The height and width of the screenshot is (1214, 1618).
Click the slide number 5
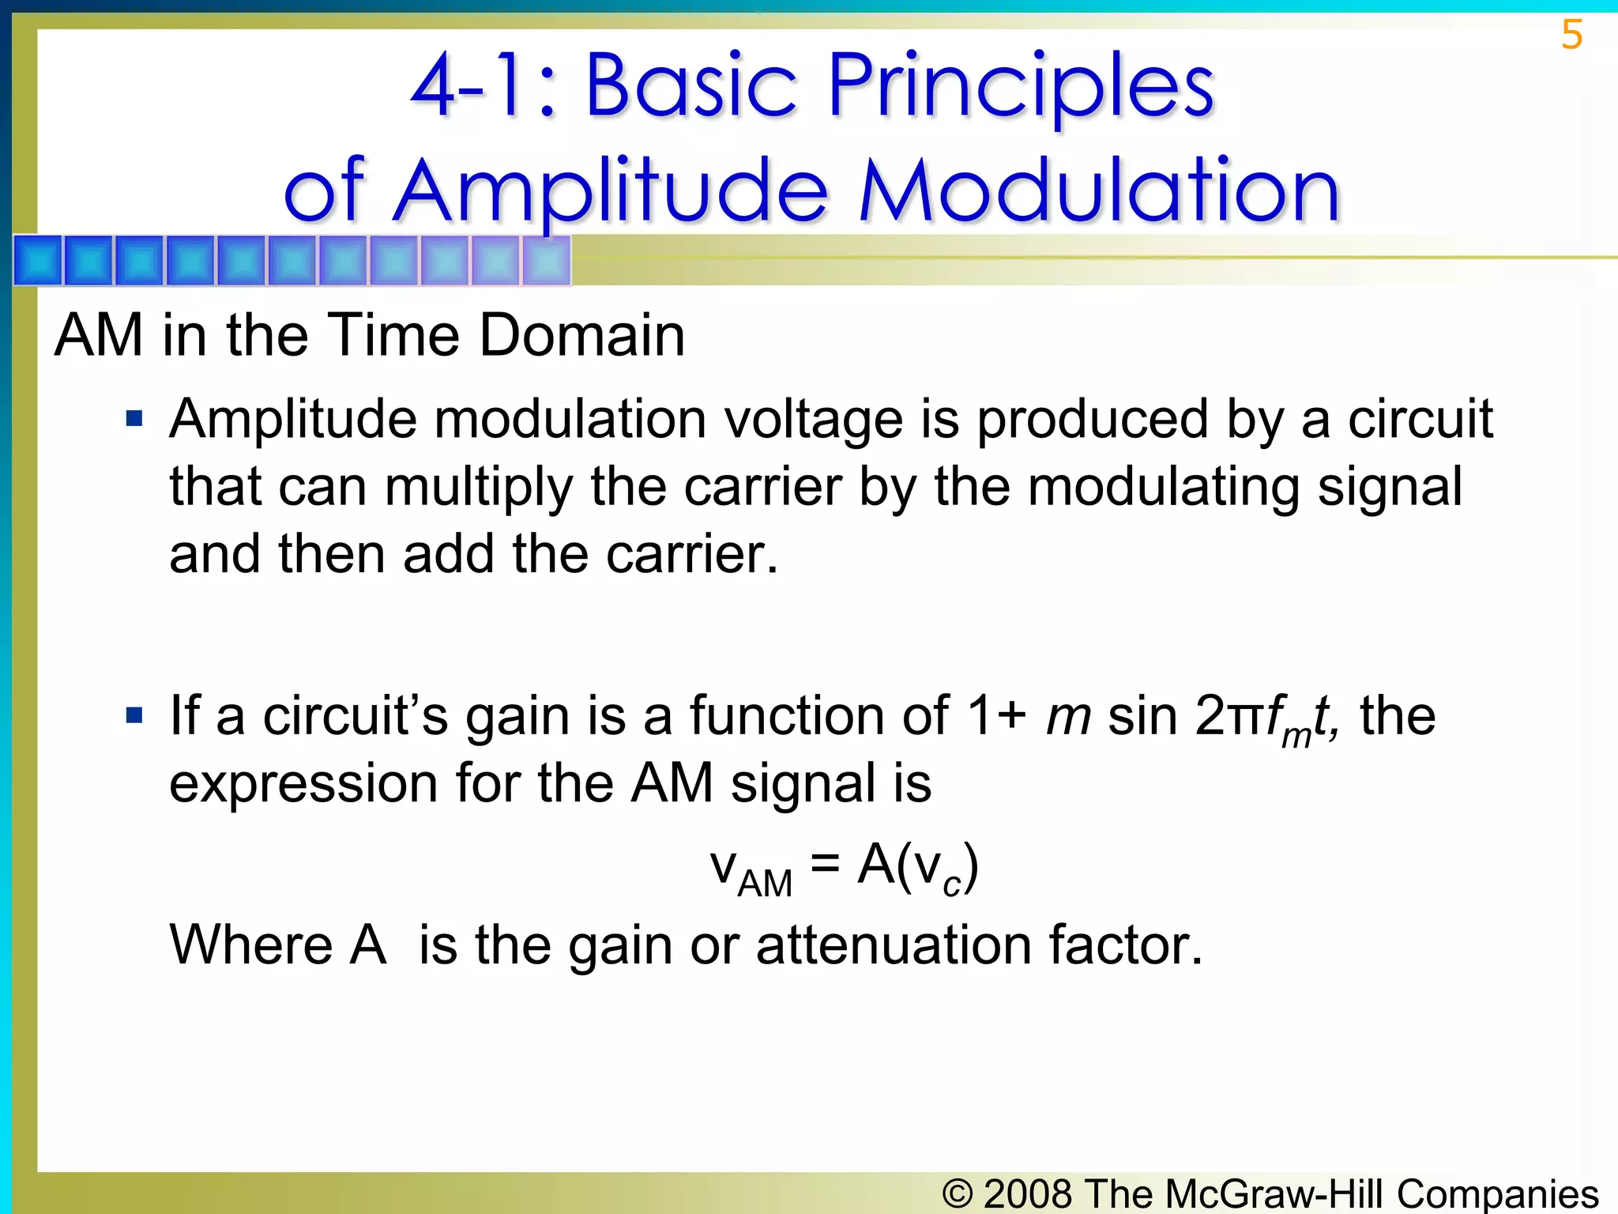click(1571, 36)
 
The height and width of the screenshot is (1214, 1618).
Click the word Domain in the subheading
click(582, 336)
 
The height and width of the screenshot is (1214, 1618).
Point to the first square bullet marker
click(134, 418)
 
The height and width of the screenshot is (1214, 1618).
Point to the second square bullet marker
click(134, 715)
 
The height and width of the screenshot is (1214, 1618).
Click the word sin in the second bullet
click(1142, 716)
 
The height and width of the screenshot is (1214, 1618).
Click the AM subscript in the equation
click(764, 884)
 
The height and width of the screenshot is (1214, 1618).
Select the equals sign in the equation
click(825, 863)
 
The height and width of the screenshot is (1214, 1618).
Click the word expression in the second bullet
click(303, 784)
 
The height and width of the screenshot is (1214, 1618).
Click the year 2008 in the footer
click(1028, 1193)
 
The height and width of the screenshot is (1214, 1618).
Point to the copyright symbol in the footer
click(957, 1193)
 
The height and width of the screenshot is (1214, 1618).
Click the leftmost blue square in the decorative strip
click(38, 260)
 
